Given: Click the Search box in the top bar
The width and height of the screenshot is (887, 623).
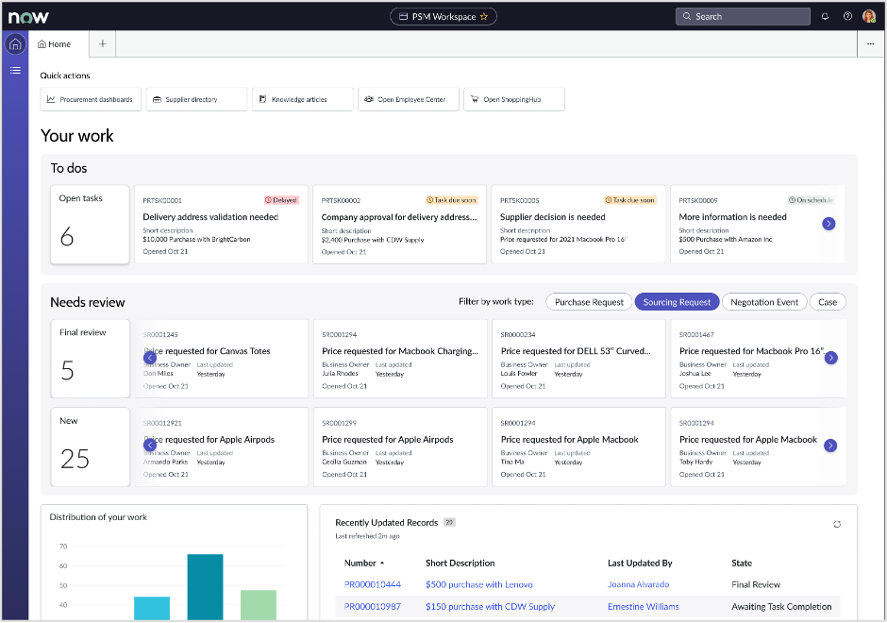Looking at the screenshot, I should coord(743,16).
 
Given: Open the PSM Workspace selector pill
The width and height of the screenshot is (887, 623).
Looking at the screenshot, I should coord(443,16).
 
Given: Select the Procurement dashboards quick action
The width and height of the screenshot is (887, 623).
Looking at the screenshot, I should coord(91,99).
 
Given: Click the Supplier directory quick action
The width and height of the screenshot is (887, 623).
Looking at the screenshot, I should coord(196,99).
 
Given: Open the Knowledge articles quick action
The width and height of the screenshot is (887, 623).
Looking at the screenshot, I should coord(302,99).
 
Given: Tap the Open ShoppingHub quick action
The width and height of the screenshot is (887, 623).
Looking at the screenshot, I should coord(514,99).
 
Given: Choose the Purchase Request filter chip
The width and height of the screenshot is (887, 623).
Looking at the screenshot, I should coord(589,302).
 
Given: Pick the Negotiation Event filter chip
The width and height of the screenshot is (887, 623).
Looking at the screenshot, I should coord(764,302).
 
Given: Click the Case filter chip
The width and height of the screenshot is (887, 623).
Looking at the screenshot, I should coord(828,302).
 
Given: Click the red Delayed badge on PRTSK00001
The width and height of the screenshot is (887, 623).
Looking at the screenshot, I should coord(281,200).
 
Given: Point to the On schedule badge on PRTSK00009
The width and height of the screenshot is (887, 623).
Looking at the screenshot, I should coord(812,200).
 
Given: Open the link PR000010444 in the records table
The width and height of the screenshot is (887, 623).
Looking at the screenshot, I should coord(373,584).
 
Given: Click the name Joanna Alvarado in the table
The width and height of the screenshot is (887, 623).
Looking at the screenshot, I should coord(638,584).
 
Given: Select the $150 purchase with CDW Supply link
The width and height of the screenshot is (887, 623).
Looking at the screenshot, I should coord(490,607).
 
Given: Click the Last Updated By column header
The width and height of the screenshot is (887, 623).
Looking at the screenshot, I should coord(640,563).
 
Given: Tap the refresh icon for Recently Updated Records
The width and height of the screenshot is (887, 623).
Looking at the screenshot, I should coord(837,524).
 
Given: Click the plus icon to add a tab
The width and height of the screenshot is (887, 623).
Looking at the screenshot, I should coord(102,43).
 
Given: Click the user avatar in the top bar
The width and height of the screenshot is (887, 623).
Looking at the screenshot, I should coord(869,16).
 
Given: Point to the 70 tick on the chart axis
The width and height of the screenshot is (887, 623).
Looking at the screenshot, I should coord(63,547).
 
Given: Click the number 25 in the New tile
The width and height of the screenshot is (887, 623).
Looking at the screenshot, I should coord(75,459).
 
